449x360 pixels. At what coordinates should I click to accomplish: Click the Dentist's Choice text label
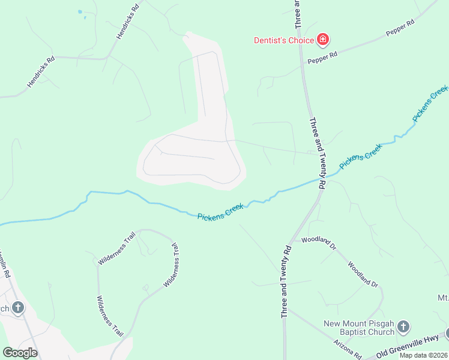pos(284,40)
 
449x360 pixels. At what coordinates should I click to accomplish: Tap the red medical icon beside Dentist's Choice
pos(324,40)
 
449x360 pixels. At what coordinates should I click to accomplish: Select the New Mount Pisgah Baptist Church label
pos(359,328)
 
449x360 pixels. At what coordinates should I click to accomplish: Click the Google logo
pos(20,352)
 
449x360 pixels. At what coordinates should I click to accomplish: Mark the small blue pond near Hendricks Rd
pos(80,12)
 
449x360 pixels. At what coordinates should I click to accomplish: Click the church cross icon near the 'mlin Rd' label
pos(18,308)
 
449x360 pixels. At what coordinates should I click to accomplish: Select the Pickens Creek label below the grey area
pos(221,212)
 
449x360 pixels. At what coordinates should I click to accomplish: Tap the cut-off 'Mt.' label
pos(442,298)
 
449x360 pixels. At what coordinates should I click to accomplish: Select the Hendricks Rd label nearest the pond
pos(127,22)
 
